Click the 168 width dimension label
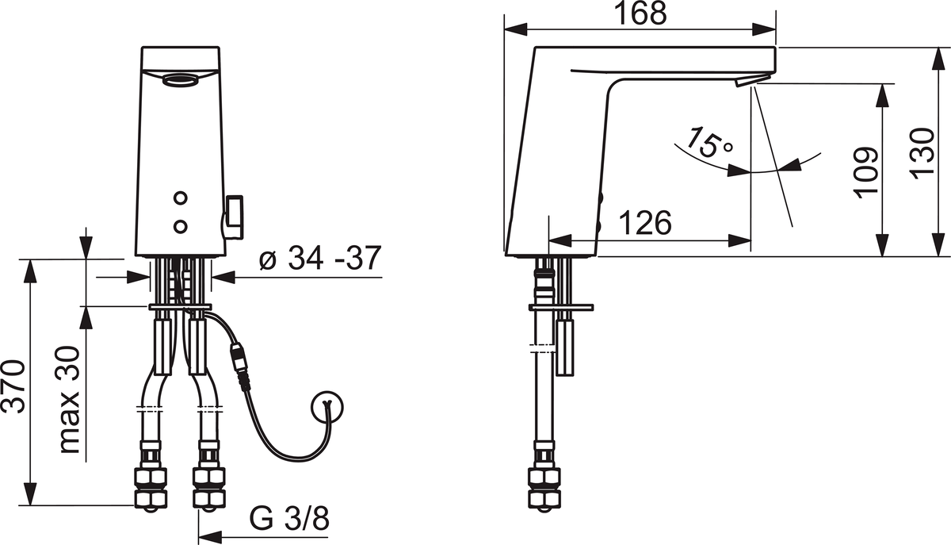(640, 13)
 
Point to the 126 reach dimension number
(645, 222)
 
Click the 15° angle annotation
(709, 143)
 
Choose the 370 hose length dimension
(13, 386)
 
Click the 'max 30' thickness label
(69, 400)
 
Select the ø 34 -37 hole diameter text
(320, 258)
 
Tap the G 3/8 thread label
(289, 518)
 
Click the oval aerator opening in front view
(180, 79)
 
